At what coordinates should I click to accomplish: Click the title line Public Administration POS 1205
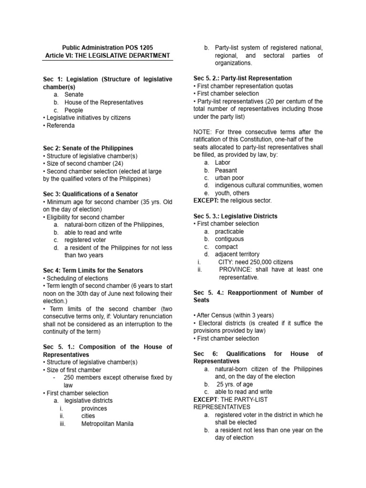108,48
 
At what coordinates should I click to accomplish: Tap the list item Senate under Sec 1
74,94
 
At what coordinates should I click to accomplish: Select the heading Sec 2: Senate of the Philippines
88,148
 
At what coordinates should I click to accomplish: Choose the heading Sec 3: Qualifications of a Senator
90,194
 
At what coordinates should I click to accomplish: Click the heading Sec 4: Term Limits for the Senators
95,271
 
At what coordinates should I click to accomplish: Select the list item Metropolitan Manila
107,424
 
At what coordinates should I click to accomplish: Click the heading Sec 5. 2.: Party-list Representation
243,78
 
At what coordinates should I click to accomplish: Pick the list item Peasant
225,170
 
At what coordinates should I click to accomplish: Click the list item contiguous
229,239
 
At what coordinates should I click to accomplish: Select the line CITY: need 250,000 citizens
255,262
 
